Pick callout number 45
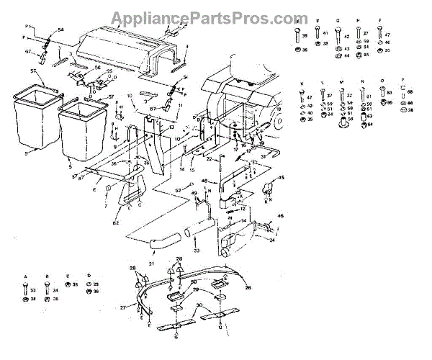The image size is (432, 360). [281, 178]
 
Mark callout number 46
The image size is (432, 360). [280, 216]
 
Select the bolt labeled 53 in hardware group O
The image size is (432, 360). [389, 95]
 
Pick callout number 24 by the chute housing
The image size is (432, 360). [273, 242]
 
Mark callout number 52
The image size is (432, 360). [177, 189]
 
